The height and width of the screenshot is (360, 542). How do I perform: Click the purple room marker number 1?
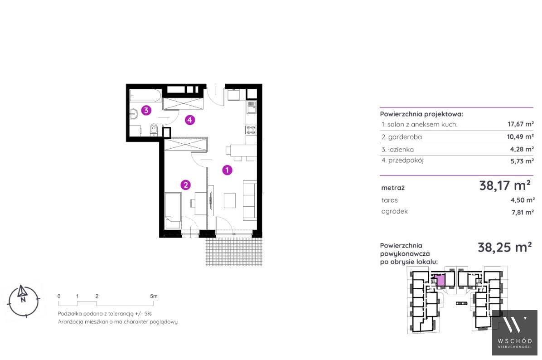tap(227, 170)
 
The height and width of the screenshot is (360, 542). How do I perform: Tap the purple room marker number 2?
tap(186, 185)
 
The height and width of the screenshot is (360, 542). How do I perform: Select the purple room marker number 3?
tap(146, 110)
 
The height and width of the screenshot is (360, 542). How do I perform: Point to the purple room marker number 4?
tap(190, 120)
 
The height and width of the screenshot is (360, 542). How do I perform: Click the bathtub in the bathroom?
tap(145, 96)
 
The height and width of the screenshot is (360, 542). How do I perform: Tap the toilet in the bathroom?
tap(154, 131)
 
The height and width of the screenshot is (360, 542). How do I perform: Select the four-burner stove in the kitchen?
tap(251, 130)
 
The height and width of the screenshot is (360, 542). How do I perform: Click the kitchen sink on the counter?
tap(252, 107)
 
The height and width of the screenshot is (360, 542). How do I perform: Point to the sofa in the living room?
tap(250, 200)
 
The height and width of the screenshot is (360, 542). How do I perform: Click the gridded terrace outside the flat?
tap(234, 251)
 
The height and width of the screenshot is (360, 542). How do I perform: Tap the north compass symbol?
tap(23, 301)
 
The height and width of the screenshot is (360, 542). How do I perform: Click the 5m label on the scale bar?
tap(154, 296)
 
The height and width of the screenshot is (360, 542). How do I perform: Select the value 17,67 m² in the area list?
tap(521, 124)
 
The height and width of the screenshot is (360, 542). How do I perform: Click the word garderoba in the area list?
tap(405, 137)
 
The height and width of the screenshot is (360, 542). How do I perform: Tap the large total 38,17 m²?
tap(505, 186)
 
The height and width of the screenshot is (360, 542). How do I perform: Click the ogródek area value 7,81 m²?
tap(523, 212)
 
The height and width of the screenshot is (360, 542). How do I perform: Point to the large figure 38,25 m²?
tap(505, 247)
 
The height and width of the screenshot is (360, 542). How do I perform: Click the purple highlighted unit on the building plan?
tap(441, 280)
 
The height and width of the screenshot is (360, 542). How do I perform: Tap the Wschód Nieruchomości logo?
tap(515, 332)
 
